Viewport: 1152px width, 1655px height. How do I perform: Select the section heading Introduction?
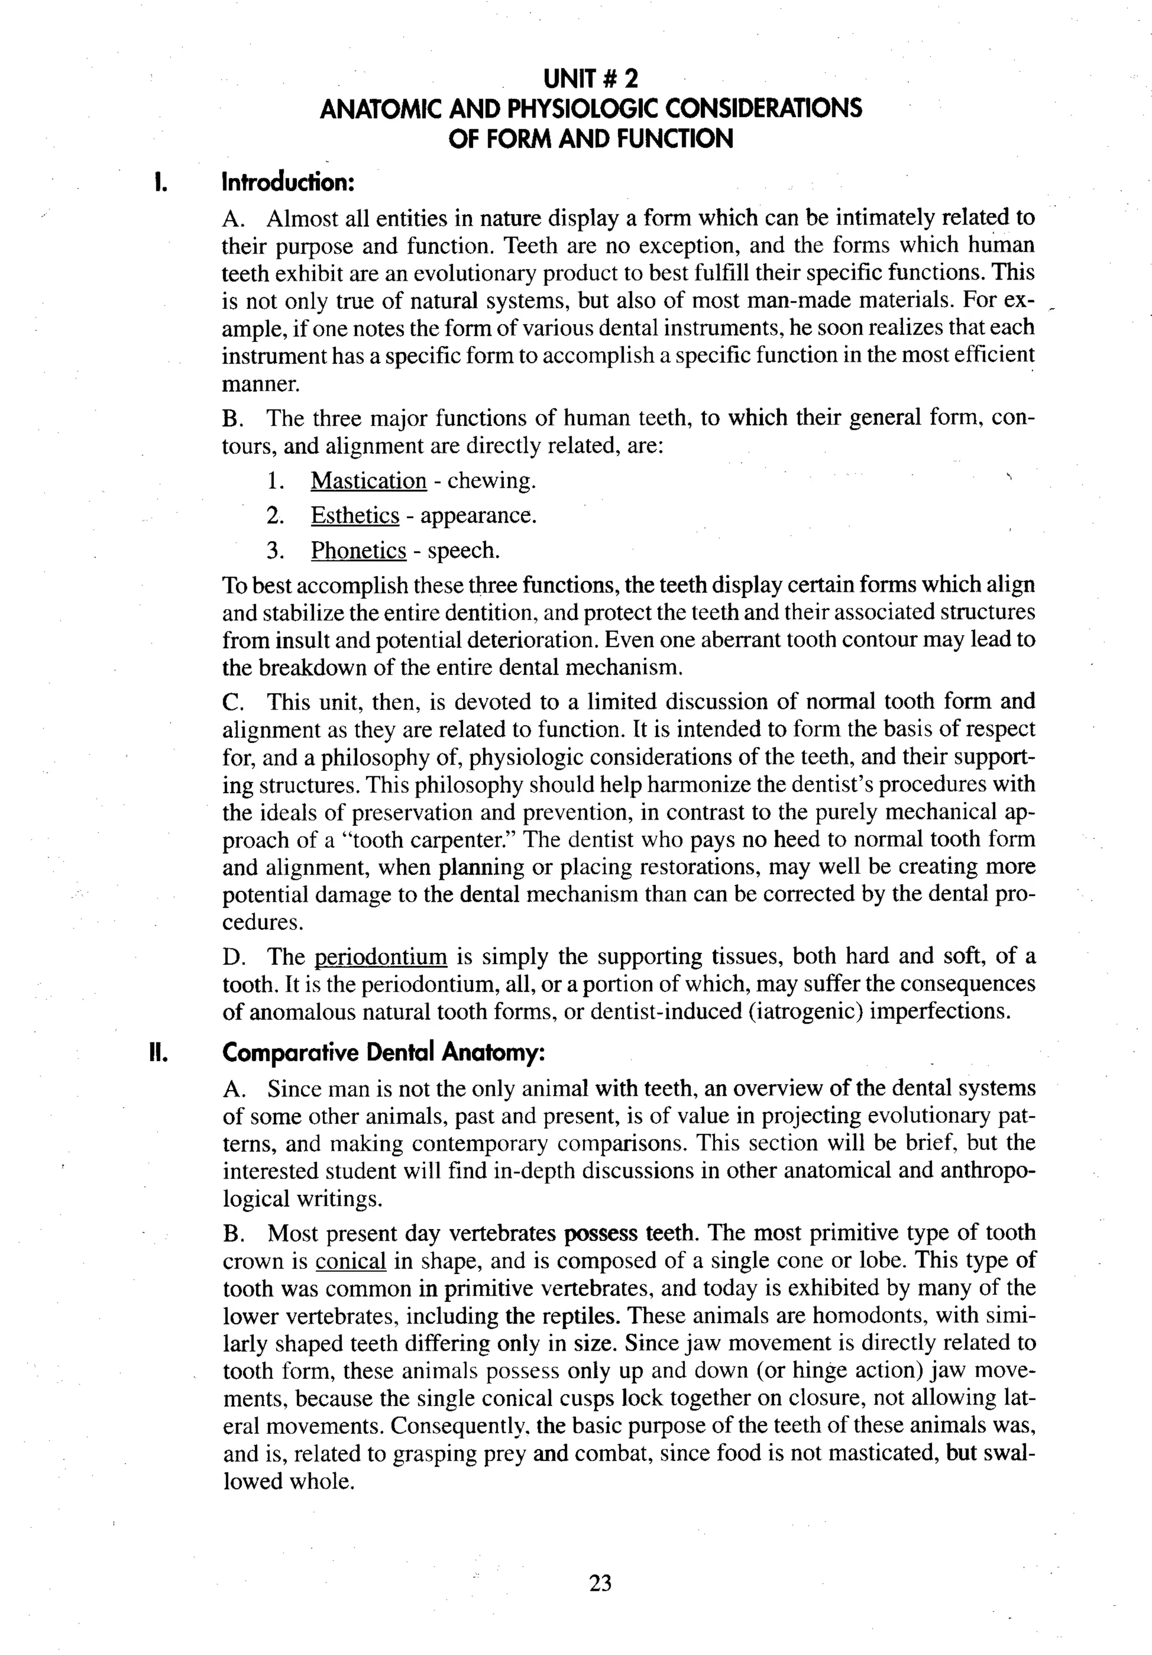click(x=289, y=182)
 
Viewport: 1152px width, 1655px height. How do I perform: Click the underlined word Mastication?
click(x=368, y=481)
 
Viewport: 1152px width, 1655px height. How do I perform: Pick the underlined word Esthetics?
click(x=355, y=515)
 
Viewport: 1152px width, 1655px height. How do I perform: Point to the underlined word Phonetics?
click(x=358, y=551)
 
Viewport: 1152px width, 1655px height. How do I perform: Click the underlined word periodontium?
click(x=381, y=956)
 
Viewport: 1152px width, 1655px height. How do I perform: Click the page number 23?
click(x=600, y=1583)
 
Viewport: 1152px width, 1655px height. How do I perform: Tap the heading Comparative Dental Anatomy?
click(x=384, y=1053)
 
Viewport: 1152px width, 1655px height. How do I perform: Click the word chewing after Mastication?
click(x=491, y=481)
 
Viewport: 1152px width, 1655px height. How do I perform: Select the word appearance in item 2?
click(x=478, y=515)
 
